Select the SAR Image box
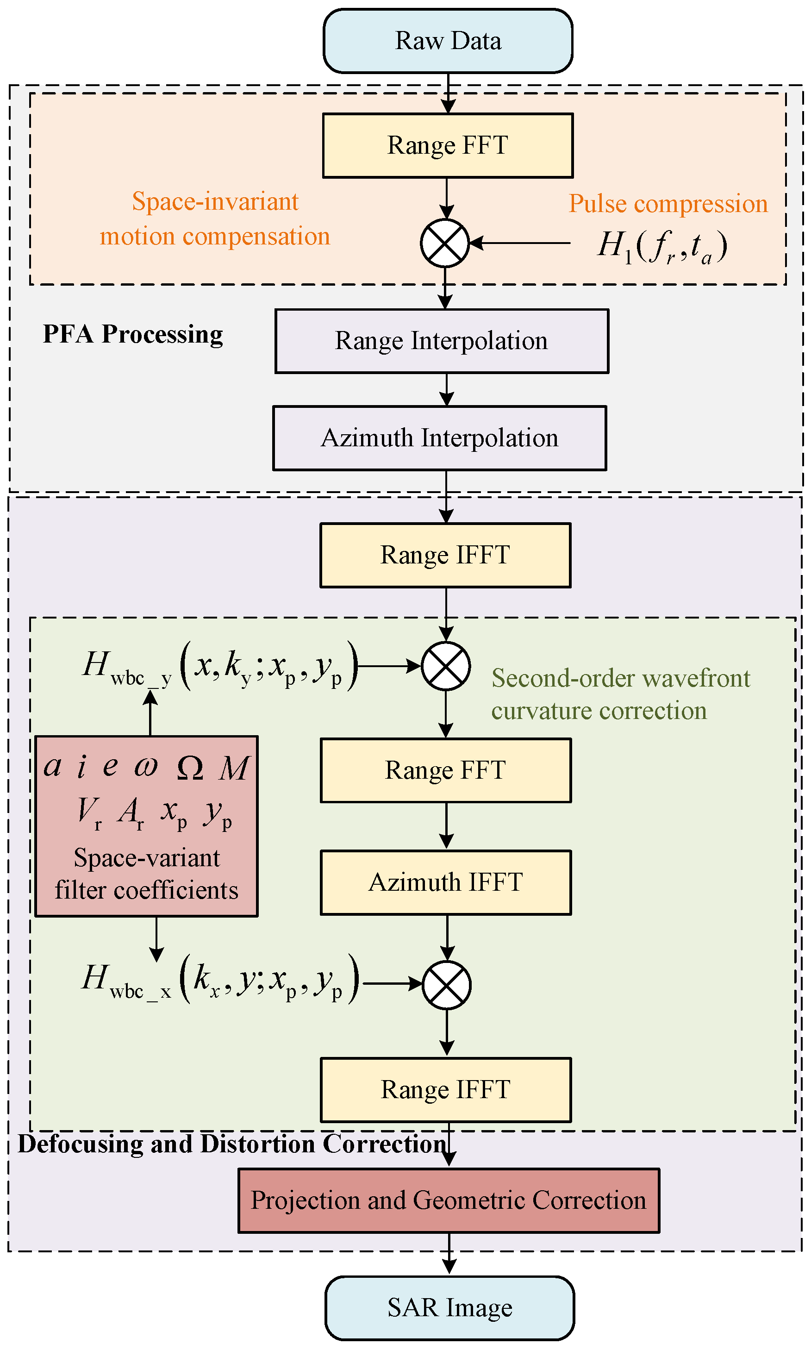449,1308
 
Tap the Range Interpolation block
442,341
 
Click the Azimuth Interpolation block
439,438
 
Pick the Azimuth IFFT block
445,882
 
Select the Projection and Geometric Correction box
449,1200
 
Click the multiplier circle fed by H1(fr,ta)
445,243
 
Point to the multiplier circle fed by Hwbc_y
446,666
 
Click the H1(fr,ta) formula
662,246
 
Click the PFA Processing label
133,334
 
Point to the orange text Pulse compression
668,204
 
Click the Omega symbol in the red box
190,768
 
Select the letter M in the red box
234,768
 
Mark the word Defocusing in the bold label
81,1144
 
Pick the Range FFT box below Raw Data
448,146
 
